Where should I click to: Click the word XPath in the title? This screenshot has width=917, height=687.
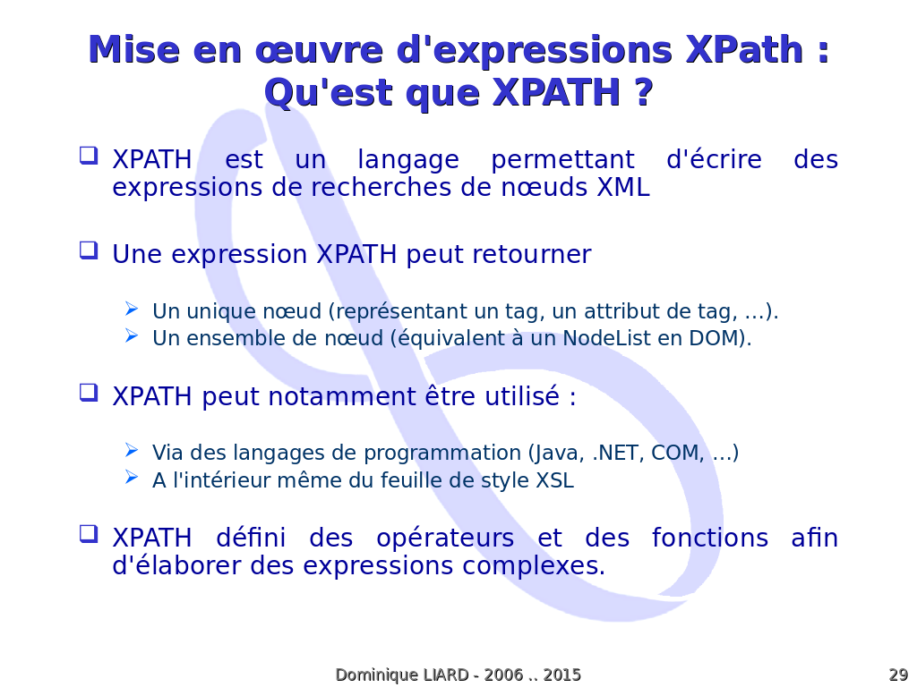pyautogui.click(x=744, y=49)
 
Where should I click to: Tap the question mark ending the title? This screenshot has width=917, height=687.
pyautogui.click(x=642, y=92)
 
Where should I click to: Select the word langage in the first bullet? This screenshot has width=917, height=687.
pyautogui.click(x=408, y=160)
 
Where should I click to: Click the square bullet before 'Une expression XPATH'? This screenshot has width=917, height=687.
pyautogui.click(x=89, y=250)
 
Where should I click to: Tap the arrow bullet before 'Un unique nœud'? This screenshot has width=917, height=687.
pyautogui.click(x=132, y=309)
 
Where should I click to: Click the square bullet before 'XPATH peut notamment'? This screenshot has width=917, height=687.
pyautogui.click(x=89, y=393)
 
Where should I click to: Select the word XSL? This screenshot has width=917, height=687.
pyautogui.click(x=555, y=480)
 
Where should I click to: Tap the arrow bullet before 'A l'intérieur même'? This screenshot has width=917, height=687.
pyautogui.click(x=132, y=478)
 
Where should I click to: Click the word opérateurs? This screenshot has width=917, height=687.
pyautogui.click(x=445, y=538)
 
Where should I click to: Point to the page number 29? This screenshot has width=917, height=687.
pyautogui.click(x=898, y=674)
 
